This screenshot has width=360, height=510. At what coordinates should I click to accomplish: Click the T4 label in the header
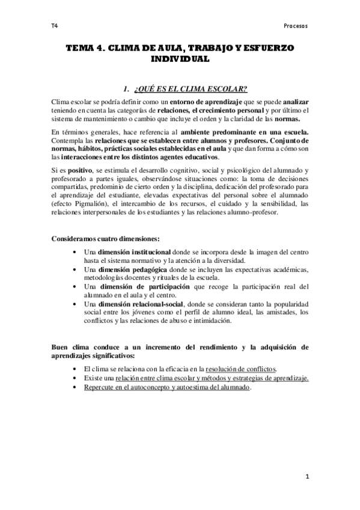(54, 26)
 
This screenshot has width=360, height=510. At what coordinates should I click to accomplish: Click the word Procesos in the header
(295, 26)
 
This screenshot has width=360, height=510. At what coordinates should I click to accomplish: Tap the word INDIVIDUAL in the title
(180, 60)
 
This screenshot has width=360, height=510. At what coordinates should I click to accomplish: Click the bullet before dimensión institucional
(74, 251)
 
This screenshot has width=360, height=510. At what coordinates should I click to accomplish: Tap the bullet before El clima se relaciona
(74, 369)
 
